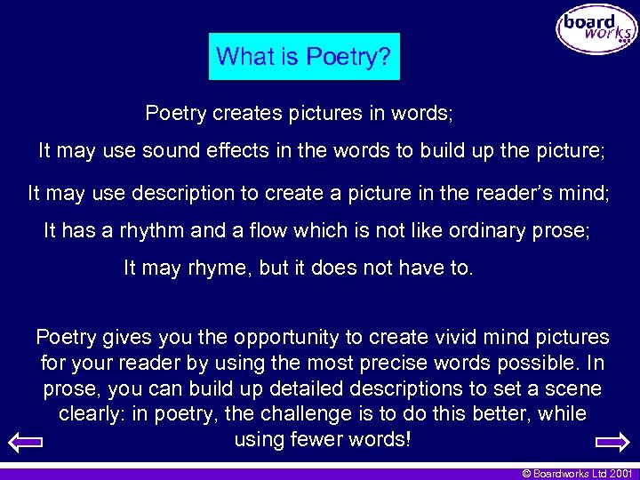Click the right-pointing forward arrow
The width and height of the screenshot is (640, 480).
tap(612, 442)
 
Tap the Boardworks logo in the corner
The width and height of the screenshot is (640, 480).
tap(596, 29)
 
